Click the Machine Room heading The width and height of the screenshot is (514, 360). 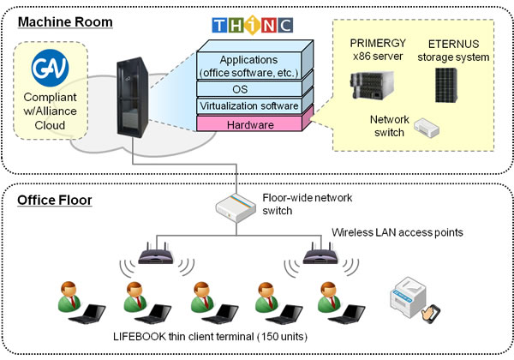(x=64, y=22)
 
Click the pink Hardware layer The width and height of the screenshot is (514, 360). (x=249, y=124)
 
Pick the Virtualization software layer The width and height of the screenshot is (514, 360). (x=249, y=106)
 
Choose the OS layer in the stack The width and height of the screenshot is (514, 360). (x=249, y=88)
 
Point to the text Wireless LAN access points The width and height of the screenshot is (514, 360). (x=398, y=232)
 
